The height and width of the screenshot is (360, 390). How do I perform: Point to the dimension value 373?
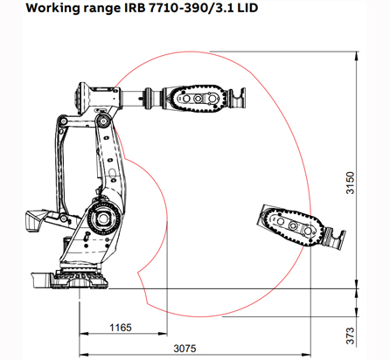pyautogui.click(x=350, y=334)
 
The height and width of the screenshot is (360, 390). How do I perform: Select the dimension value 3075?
pyautogui.click(x=184, y=348)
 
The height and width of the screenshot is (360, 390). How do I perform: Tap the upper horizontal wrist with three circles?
pyautogui.click(x=198, y=98)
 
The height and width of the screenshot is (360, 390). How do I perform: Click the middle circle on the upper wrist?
pyautogui.click(x=198, y=99)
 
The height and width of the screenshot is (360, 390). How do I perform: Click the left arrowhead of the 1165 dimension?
pyautogui.click(x=83, y=334)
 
